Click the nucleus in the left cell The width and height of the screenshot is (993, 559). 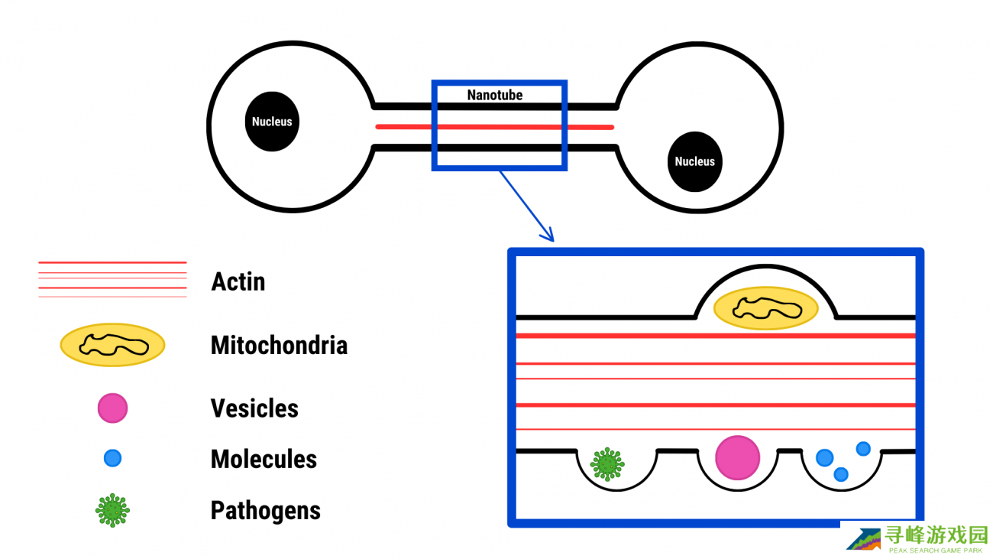272,122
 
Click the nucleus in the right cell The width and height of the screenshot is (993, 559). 694,161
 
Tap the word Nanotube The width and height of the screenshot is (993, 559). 495,96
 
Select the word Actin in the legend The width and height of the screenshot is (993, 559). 238,281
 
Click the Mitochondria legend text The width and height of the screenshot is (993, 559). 279,345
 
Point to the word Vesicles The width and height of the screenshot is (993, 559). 254,408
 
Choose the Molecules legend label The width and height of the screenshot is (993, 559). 264,460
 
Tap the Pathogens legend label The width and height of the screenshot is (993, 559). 265,510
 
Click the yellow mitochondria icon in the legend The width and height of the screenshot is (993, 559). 113,345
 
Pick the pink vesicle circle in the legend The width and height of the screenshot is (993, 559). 112,408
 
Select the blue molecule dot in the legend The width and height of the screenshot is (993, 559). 112,459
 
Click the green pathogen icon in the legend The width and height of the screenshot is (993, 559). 113,510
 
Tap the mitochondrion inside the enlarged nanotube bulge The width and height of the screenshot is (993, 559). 765,309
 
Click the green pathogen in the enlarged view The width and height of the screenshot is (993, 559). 607,464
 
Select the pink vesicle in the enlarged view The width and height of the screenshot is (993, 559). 737,457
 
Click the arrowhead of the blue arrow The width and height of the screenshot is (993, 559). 548,236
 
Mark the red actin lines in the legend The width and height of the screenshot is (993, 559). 112,279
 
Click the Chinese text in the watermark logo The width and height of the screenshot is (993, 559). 936,535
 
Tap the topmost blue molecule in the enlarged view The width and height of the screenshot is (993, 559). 863,448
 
